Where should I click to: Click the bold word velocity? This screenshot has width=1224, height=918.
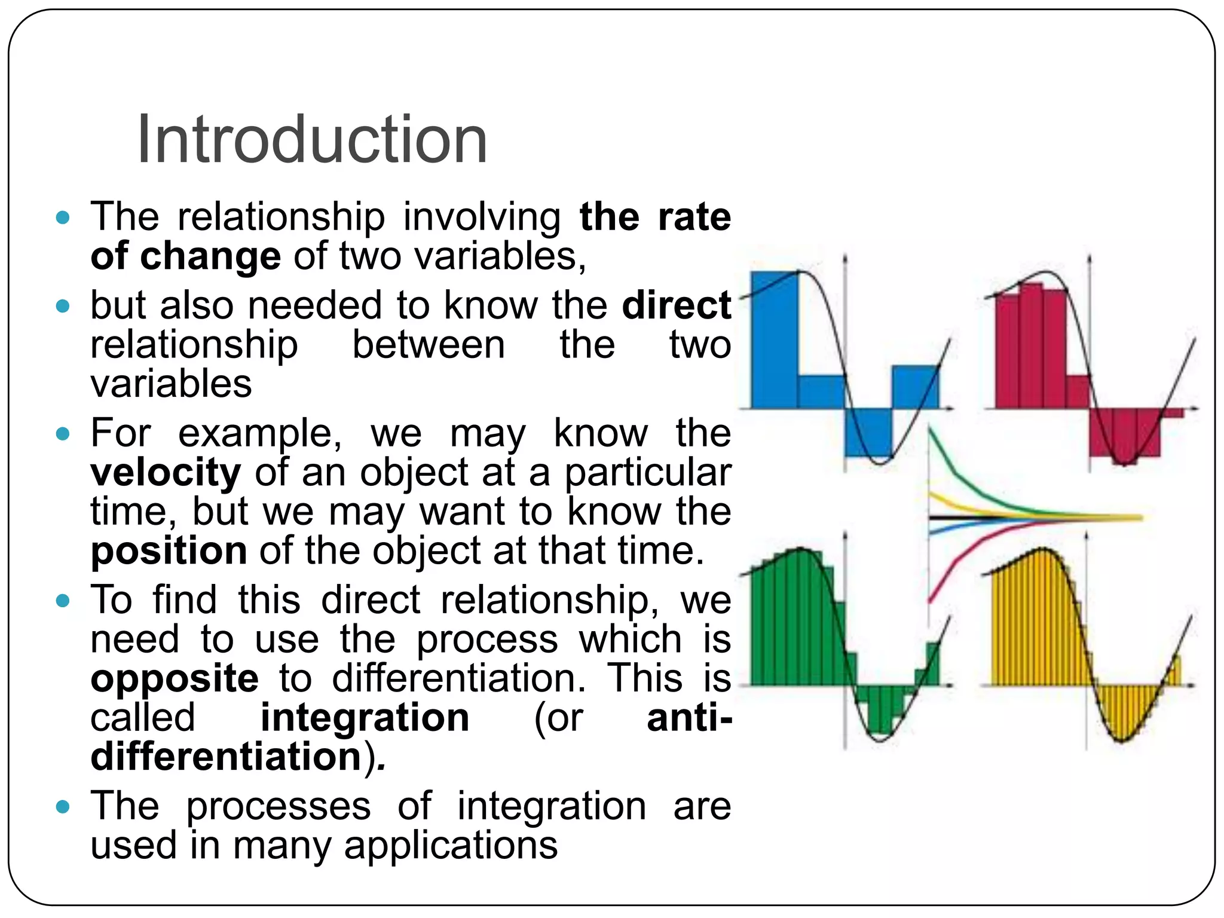166,473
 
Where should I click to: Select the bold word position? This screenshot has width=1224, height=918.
169,550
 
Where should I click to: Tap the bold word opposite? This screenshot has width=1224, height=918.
175,679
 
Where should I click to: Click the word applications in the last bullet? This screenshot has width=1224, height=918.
451,845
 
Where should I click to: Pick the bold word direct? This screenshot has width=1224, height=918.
676,305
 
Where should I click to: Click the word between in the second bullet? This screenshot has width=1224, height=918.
428,345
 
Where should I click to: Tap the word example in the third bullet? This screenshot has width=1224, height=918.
260,433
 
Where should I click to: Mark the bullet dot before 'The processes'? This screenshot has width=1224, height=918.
63,807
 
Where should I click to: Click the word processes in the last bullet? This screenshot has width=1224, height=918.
279,806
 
